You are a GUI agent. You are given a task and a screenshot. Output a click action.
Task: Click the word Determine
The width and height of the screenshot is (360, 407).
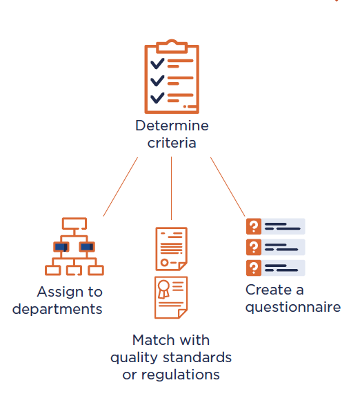(x=172, y=126)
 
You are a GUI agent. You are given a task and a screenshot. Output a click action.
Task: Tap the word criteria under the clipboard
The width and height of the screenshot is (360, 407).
(x=172, y=143)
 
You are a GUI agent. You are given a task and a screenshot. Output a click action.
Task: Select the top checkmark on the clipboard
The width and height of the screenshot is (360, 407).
(x=157, y=63)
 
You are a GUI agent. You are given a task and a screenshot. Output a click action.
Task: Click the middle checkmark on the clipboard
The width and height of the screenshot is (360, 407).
(x=157, y=81)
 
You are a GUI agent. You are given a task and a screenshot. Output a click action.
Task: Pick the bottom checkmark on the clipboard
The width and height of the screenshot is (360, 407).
(x=157, y=98)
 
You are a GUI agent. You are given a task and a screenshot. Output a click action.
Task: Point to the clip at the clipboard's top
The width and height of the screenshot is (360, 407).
(x=172, y=46)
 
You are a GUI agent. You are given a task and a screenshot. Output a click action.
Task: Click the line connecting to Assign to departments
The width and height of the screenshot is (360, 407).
(x=121, y=187)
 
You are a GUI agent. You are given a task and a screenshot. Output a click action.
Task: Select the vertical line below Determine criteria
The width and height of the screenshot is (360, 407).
(x=171, y=188)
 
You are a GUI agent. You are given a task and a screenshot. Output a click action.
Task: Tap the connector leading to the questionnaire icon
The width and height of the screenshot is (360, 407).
(x=228, y=187)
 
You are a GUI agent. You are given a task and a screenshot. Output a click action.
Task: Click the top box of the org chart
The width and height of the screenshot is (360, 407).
(x=74, y=224)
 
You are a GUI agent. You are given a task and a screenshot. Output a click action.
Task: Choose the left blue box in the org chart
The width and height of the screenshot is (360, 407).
(x=61, y=246)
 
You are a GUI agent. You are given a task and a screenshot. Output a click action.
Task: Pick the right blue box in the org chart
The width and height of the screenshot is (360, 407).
(x=87, y=246)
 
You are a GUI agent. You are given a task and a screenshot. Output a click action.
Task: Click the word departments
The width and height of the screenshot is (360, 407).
(x=57, y=310)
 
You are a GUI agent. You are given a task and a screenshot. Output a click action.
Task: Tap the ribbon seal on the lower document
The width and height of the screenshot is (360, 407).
(x=163, y=289)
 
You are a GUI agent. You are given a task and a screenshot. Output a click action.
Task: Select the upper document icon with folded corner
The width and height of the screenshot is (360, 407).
(x=171, y=249)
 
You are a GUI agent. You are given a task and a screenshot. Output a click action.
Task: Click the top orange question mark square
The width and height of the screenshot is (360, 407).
(x=254, y=226)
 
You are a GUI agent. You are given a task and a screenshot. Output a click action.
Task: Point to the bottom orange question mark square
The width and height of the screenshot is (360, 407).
(x=254, y=268)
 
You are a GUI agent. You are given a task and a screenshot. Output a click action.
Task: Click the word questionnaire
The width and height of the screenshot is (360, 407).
(x=293, y=308)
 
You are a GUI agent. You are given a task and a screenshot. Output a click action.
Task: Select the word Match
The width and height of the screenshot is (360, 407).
(x=153, y=340)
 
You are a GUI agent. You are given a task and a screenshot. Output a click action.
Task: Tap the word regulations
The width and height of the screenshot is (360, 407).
(x=181, y=375)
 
